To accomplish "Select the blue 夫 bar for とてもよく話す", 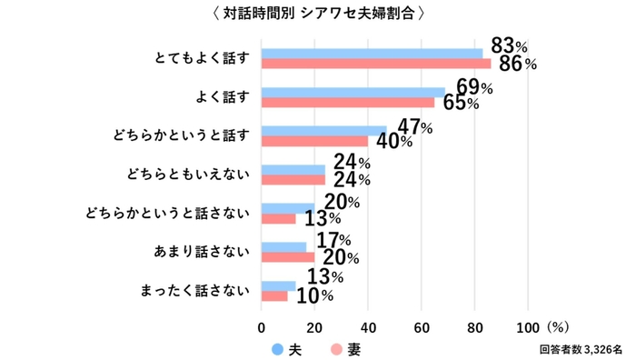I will tap(372, 53).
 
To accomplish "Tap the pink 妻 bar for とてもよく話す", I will tap(375, 64).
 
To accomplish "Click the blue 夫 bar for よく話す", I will tap(353, 92).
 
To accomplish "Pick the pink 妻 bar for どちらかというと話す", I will tap(314, 141).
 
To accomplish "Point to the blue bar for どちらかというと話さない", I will tap(288, 207).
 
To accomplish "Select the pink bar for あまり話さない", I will tap(288, 256).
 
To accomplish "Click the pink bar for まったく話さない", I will tap(274, 295).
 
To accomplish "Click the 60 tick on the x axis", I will tap(422, 327).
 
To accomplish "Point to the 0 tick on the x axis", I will tap(262, 327).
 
